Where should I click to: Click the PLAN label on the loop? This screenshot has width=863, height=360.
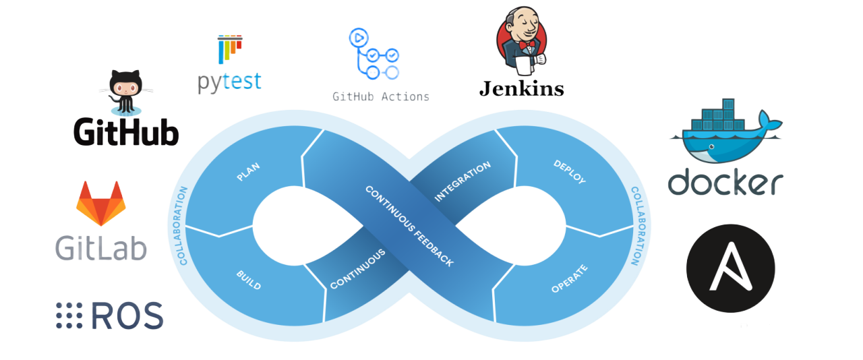point(249,172)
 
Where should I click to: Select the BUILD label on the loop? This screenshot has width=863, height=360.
point(249,280)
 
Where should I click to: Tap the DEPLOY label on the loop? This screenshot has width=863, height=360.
point(569,172)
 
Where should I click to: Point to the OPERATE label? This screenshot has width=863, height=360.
point(569,278)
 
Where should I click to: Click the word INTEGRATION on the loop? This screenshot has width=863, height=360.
point(463,181)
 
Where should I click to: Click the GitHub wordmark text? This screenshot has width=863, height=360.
point(126,131)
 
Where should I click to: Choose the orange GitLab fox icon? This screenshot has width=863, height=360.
point(100,203)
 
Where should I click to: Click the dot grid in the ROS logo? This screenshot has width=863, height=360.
point(68,316)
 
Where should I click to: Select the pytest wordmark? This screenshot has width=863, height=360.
point(229,82)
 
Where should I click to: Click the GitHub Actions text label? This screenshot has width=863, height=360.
point(380,96)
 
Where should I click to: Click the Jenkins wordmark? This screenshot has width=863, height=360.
point(521,88)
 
